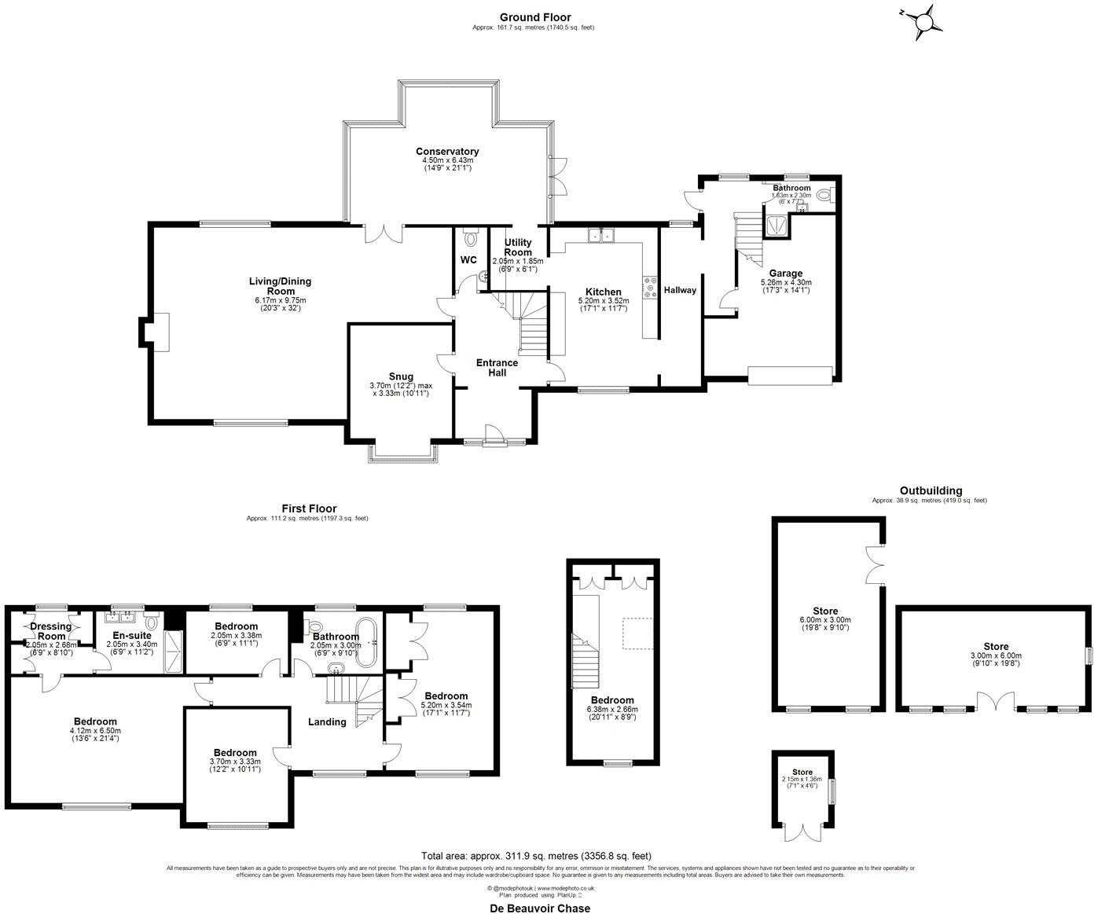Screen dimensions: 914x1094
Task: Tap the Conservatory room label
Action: click(x=447, y=152)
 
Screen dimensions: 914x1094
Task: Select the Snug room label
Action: click(x=400, y=376)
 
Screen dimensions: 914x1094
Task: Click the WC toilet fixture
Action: click(x=472, y=237)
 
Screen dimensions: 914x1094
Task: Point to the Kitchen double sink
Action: click(x=603, y=234)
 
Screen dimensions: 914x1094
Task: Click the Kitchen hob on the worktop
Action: click(x=650, y=288)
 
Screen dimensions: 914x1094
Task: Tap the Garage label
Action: click(x=786, y=273)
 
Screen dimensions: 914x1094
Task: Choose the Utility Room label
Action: click(x=518, y=248)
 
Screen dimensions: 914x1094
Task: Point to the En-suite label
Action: click(x=131, y=635)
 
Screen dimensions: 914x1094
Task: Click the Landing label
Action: click(x=327, y=721)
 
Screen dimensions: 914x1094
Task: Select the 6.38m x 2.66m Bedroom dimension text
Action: click(x=612, y=709)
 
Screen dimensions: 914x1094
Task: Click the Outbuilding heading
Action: click(x=931, y=490)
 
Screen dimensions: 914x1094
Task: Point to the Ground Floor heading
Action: click(x=534, y=17)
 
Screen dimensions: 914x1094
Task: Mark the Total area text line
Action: click(x=536, y=856)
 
